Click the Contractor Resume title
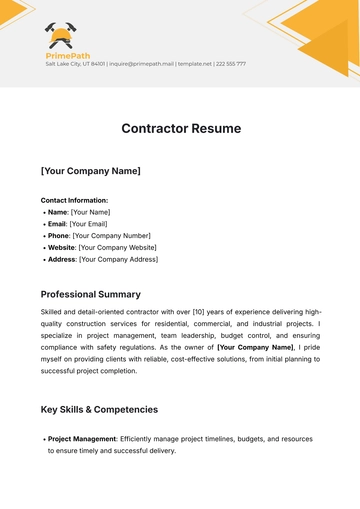pos(180,129)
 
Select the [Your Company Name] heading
pos(90,171)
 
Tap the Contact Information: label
pos(74,200)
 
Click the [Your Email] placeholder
pos(93,224)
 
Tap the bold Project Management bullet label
pos(82,439)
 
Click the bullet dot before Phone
pos(44,236)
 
